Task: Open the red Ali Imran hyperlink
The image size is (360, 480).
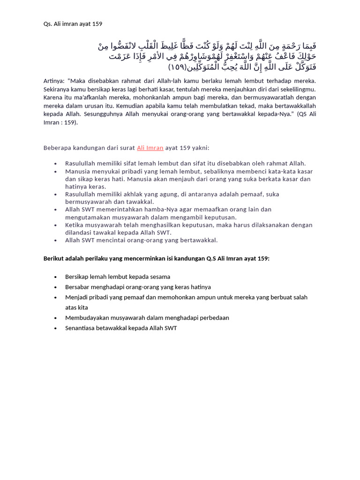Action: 150,148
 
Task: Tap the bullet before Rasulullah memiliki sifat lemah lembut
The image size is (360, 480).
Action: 55,164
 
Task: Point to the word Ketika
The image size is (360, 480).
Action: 75,225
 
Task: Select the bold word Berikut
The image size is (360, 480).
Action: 54,258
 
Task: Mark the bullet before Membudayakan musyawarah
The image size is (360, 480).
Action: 55,318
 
